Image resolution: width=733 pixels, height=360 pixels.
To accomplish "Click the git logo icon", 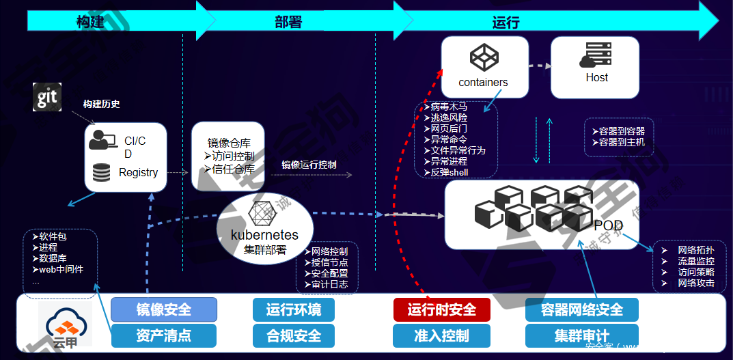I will click(x=47, y=97).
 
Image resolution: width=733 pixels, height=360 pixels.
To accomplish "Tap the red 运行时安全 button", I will click(x=442, y=310).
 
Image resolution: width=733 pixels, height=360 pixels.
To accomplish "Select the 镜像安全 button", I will click(x=164, y=310).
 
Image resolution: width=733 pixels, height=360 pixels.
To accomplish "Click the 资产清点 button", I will click(x=164, y=335).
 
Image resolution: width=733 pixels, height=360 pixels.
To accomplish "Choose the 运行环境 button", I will click(x=294, y=310).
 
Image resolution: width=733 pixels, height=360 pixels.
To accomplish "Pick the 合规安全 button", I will click(x=294, y=335).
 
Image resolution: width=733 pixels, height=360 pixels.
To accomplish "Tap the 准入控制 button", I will click(x=442, y=335).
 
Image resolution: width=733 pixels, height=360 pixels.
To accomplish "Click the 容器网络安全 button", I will click(x=582, y=310).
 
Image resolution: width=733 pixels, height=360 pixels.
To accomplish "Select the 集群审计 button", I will click(x=582, y=335).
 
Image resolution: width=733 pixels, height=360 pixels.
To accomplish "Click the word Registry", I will click(x=138, y=173).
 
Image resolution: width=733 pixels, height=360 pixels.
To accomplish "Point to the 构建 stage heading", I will click(x=90, y=22).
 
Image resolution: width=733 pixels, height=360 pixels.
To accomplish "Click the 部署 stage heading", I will click(x=288, y=22).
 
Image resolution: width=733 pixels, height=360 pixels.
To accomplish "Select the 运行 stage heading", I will click(x=506, y=22).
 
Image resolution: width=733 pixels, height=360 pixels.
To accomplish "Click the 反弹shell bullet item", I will click(x=448, y=173).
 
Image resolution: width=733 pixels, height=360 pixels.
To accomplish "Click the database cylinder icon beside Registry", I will click(x=101, y=172).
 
